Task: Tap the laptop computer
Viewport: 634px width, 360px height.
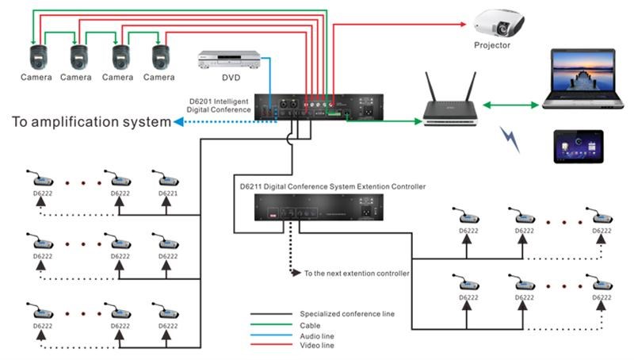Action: pyautogui.click(x=583, y=79)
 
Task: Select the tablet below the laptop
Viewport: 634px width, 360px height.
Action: pyautogui.click(x=583, y=146)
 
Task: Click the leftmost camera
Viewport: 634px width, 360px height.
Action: pyautogui.click(x=36, y=56)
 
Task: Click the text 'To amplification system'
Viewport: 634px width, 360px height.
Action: pyautogui.click(x=91, y=122)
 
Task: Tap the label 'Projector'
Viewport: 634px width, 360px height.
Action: pyautogui.click(x=492, y=46)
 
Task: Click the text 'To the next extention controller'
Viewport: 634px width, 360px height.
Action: pyautogui.click(x=357, y=274)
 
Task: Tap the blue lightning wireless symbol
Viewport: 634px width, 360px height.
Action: pyautogui.click(x=509, y=140)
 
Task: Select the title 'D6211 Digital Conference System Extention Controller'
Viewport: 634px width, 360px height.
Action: pyautogui.click(x=333, y=186)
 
